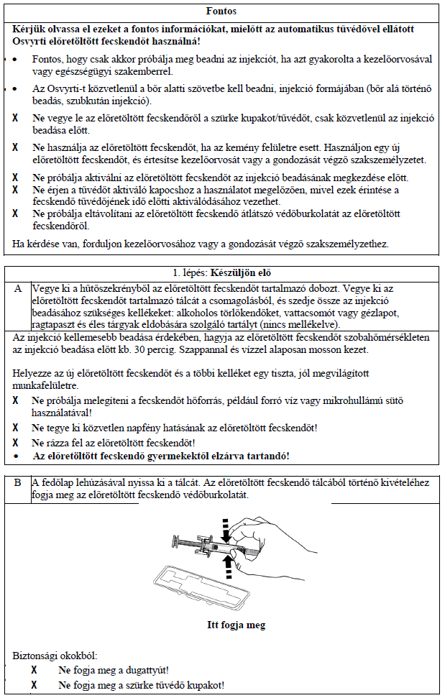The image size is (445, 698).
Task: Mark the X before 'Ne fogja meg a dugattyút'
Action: click(34, 670)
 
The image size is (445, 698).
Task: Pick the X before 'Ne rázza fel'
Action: click(17, 442)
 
